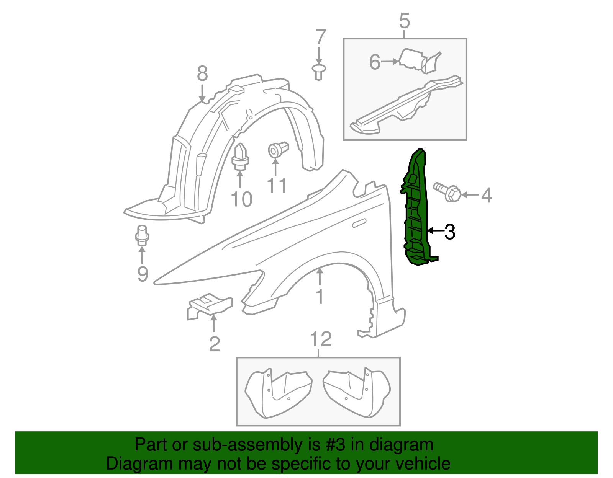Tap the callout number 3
(450, 232)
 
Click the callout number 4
(486, 196)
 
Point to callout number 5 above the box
(405, 21)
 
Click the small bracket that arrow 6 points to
(414, 60)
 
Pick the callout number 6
(375, 62)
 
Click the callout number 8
(202, 73)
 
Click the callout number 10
(242, 199)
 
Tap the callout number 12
(321, 339)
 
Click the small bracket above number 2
(210, 305)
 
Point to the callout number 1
(320, 297)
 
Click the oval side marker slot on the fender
(359, 223)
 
